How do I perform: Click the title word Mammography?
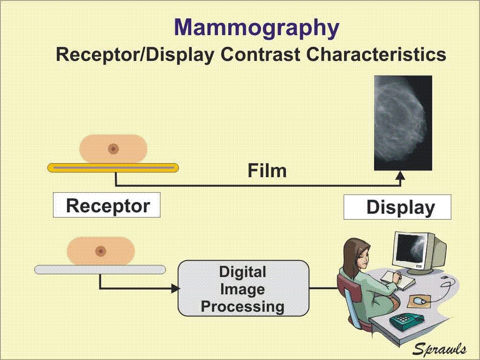(x=256, y=28)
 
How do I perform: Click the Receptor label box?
(x=107, y=205)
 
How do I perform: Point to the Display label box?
(x=397, y=207)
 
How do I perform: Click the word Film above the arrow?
(x=267, y=171)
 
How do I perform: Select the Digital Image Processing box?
(x=243, y=288)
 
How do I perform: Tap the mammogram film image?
(x=403, y=123)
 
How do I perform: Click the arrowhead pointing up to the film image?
(x=400, y=175)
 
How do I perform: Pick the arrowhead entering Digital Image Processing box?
(x=175, y=288)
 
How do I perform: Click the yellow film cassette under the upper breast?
(x=113, y=168)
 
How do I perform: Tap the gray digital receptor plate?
(x=100, y=270)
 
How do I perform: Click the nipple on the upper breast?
(x=113, y=149)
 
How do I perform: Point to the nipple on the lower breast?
(x=100, y=251)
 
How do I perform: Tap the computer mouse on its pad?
(x=420, y=301)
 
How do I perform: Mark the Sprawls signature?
(x=440, y=349)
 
